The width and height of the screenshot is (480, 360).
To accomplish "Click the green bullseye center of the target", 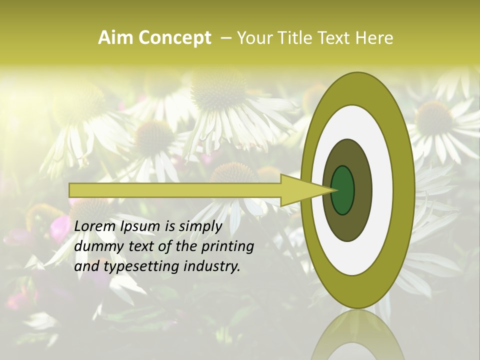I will (343, 190).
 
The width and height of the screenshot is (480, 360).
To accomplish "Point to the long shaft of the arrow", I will (175, 190).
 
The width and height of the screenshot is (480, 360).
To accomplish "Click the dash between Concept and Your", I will (225, 38).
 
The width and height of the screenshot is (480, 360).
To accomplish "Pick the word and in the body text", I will (87, 266).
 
